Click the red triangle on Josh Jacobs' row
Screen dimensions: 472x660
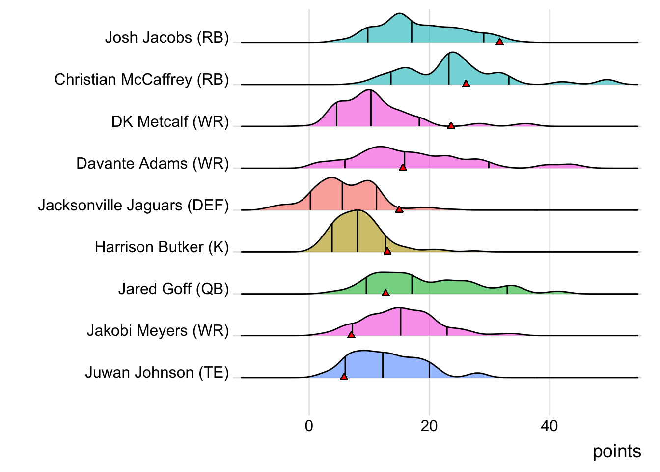[x=499, y=42]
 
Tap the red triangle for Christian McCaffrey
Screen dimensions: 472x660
[x=466, y=84]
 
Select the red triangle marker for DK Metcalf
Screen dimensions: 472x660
[x=451, y=126]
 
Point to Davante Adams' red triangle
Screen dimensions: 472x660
[x=403, y=168]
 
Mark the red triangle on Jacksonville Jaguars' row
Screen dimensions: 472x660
[x=399, y=209]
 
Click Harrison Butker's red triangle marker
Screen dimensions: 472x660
[x=387, y=251]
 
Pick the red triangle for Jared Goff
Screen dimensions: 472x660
[x=385, y=293]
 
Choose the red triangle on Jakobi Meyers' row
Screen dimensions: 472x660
[x=351, y=335]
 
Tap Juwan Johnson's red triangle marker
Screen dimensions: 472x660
[x=344, y=377]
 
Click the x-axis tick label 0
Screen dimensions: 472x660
[x=309, y=426]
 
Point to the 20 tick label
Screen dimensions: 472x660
[x=429, y=426]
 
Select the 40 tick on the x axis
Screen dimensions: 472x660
[x=550, y=426]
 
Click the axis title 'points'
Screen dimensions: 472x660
[x=617, y=451]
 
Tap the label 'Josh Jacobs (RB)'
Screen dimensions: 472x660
[x=167, y=38]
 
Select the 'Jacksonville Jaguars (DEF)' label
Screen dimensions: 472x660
[x=134, y=205]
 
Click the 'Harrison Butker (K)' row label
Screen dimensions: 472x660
[x=162, y=247]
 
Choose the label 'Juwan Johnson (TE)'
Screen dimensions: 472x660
[x=157, y=373]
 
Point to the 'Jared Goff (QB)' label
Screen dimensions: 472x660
[x=173, y=289]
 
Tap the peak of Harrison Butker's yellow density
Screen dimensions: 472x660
[x=357, y=211]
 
